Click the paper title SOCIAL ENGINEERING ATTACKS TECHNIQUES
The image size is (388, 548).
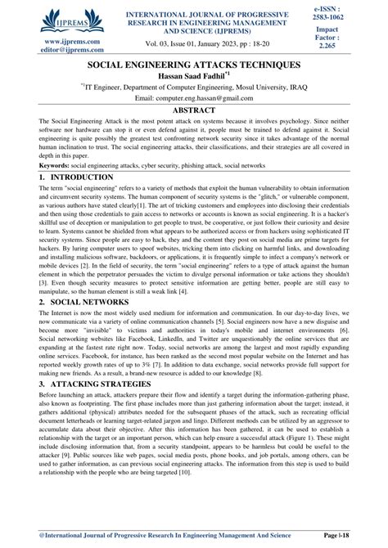coord(193,64)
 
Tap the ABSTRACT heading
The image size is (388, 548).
coord(193,108)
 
